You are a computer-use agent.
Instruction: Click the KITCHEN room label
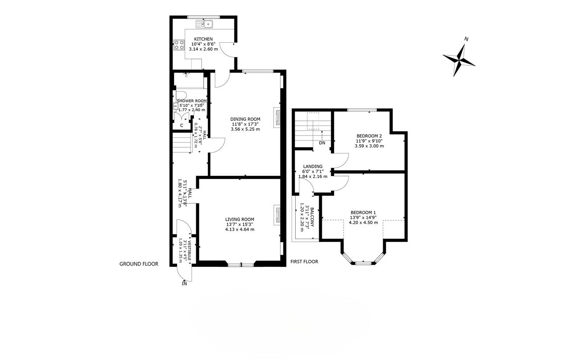pyautogui.click(x=203, y=39)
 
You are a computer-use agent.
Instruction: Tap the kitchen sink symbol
pyautogui.click(x=204, y=24)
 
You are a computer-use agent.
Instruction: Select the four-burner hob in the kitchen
pyautogui.click(x=179, y=45)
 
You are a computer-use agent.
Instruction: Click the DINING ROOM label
pyautogui.click(x=245, y=119)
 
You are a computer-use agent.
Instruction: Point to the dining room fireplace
pyautogui.click(x=277, y=117)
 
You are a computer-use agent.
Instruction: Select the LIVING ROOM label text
pyautogui.click(x=239, y=219)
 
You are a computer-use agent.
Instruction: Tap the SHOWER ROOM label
pyautogui.click(x=192, y=101)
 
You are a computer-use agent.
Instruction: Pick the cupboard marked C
pyautogui.click(x=182, y=125)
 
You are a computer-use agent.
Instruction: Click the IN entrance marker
pyautogui.click(x=184, y=284)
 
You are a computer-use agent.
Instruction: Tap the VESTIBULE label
pyautogui.click(x=189, y=251)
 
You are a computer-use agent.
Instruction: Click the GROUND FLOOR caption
pyautogui.click(x=139, y=264)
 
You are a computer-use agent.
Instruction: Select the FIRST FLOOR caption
pyautogui.click(x=304, y=262)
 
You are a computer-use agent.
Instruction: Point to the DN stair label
pyautogui.click(x=322, y=143)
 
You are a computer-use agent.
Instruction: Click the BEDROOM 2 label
pyautogui.click(x=369, y=136)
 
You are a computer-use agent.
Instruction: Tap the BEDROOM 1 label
pyautogui.click(x=363, y=213)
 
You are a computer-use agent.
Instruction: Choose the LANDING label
pyautogui.click(x=313, y=167)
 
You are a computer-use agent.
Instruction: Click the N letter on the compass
pyautogui.click(x=466, y=39)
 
